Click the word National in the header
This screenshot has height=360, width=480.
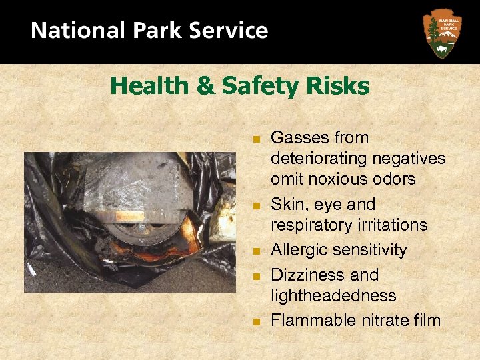pos(73,31)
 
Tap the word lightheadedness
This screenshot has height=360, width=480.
pos(333,295)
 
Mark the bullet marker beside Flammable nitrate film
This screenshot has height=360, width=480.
pos(255,321)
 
